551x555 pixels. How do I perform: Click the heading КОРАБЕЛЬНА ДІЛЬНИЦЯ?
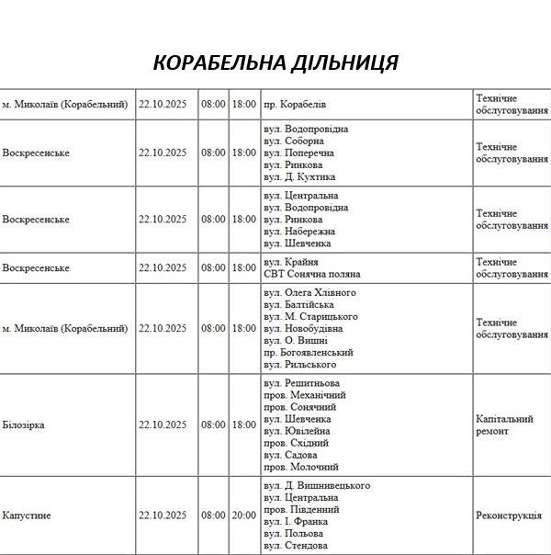click(275, 62)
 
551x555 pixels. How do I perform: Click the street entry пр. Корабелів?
click(294, 105)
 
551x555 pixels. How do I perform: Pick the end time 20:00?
click(243, 515)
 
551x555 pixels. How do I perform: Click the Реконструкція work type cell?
click(508, 515)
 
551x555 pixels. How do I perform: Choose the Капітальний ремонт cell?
click(504, 425)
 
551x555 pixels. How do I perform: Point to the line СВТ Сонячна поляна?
click(311, 274)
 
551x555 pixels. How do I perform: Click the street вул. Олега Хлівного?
click(309, 293)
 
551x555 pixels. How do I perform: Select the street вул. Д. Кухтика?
click(299, 176)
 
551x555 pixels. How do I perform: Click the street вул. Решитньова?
click(300, 383)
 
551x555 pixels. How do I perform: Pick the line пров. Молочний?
click(300, 467)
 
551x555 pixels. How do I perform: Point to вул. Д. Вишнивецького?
click(316, 485)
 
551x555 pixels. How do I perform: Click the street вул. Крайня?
click(289, 262)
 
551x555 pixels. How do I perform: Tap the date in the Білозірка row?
click(163, 425)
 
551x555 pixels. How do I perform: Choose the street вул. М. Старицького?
click(309, 317)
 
